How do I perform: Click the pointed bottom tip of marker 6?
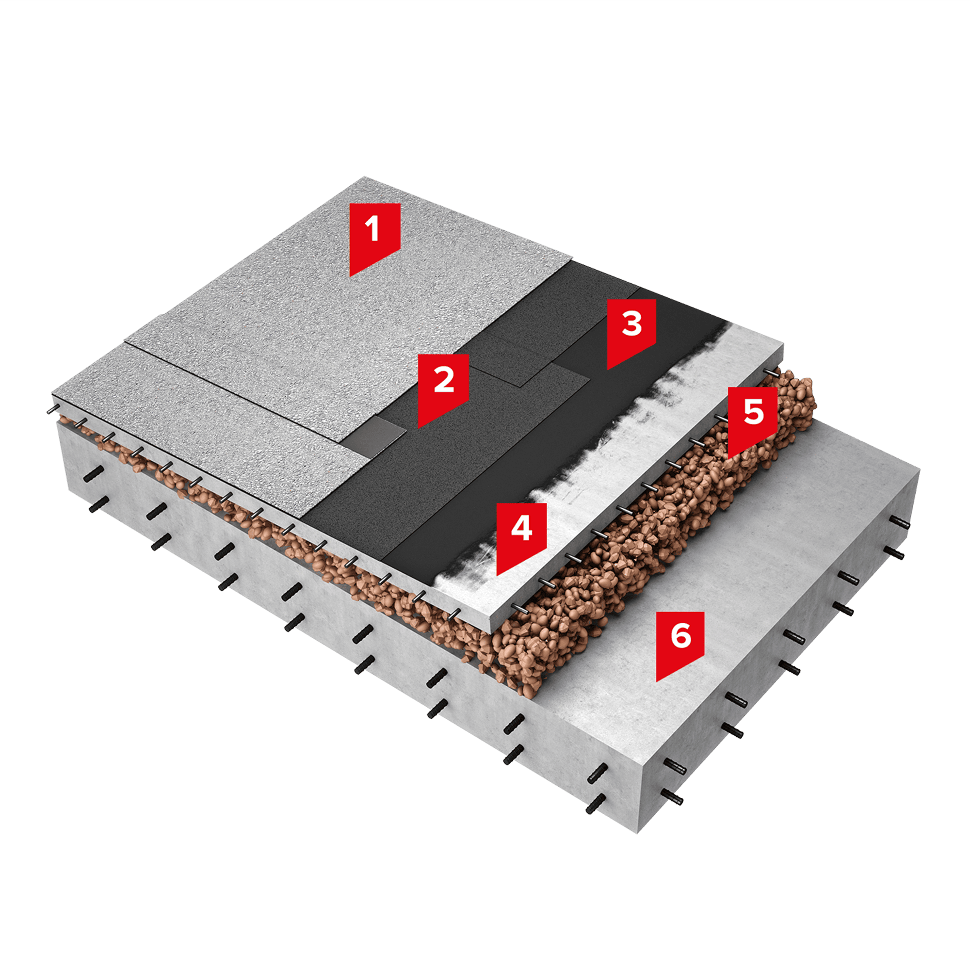coord(657,681)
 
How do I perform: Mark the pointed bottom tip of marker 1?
coord(351,275)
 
